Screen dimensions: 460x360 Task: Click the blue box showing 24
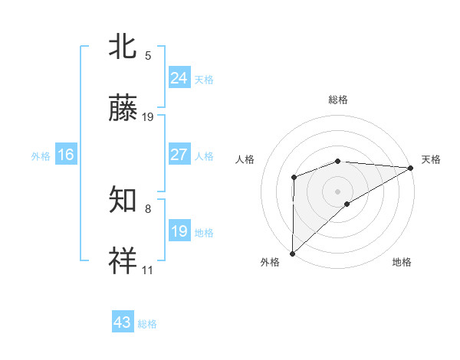click(x=179, y=77)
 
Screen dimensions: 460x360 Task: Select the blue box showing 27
click(x=179, y=155)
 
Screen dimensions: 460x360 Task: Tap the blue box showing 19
click(x=179, y=231)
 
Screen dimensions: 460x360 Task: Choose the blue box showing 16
click(x=66, y=155)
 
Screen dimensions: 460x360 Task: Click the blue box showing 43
click(x=123, y=322)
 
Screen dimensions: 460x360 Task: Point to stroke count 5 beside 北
click(x=148, y=55)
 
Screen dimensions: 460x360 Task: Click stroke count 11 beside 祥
click(x=148, y=270)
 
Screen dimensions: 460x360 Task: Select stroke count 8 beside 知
click(x=148, y=208)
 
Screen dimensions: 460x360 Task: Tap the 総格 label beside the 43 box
click(x=147, y=324)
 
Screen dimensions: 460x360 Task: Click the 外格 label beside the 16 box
click(x=41, y=155)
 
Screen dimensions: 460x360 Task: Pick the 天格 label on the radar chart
click(x=431, y=159)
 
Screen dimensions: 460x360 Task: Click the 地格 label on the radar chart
click(x=402, y=262)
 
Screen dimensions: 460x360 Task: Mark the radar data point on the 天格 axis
click(x=411, y=168)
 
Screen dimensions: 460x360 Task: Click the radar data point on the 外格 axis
click(x=292, y=253)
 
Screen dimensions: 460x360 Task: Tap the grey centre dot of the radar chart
click(x=337, y=191)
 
